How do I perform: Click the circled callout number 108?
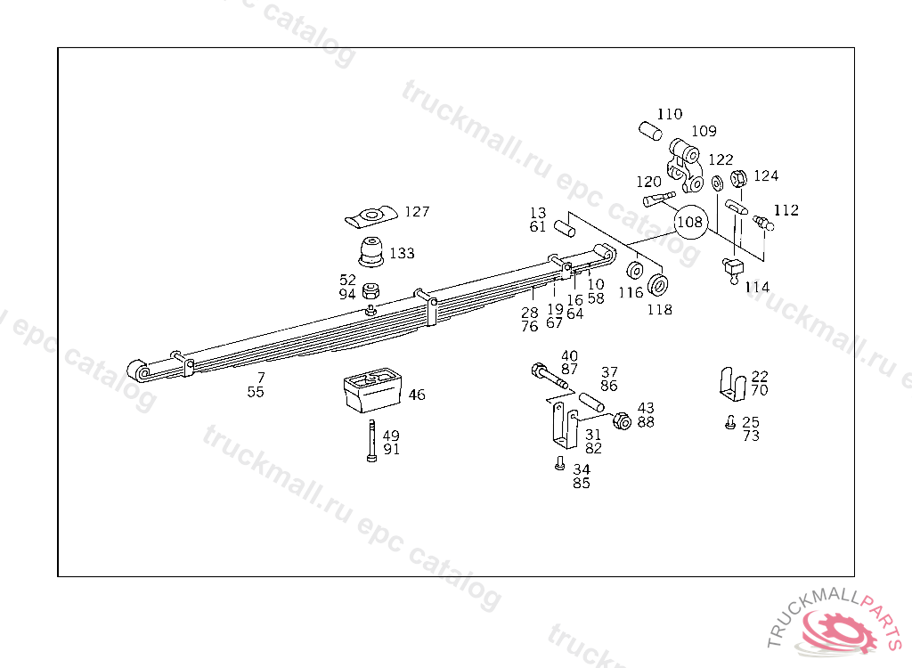[x=690, y=222]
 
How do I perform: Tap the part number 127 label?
[x=417, y=212]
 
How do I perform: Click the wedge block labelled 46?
[x=372, y=390]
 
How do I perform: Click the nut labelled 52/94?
[x=372, y=291]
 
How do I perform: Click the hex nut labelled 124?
[x=738, y=179]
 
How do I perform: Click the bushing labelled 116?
[x=638, y=271]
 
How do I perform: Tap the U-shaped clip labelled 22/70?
[x=730, y=384]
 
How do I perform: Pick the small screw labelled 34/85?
[x=559, y=463]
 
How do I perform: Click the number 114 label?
[x=757, y=287]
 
